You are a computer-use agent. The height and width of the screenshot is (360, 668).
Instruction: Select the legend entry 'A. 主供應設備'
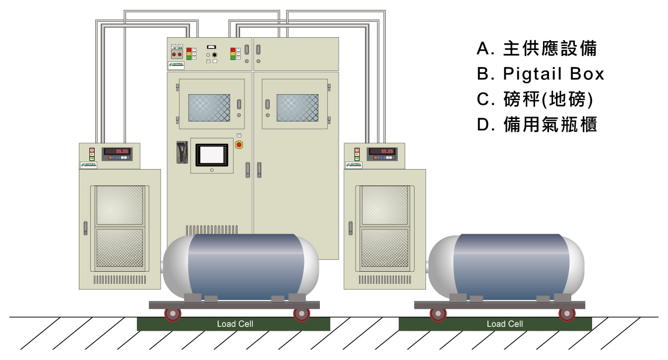click(x=537, y=49)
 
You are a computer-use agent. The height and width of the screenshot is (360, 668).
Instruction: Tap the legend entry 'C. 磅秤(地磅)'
click(x=535, y=99)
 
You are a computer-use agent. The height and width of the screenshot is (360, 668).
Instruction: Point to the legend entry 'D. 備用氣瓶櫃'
click(x=537, y=124)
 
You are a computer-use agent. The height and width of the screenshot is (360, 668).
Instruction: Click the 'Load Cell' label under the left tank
click(x=235, y=324)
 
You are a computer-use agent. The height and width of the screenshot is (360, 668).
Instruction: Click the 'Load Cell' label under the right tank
click(x=505, y=324)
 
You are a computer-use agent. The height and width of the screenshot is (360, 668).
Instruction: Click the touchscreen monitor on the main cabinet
click(x=211, y=155)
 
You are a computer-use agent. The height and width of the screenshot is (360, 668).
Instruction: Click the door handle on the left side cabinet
click(x=85, y=228)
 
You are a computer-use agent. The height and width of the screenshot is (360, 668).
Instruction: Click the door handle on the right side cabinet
click(x=351, y=228)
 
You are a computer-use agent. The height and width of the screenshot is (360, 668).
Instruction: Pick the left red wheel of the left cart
click(x=173, y=314)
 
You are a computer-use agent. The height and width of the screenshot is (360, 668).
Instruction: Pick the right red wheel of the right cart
click(x=566, y=314)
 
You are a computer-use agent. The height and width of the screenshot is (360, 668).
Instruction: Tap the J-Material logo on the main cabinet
click(x=176, y=65)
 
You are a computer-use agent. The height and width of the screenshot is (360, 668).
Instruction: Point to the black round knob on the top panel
click(x=214, y=54)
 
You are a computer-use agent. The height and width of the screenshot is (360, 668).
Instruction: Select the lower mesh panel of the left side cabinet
click(x=120, y=248)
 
